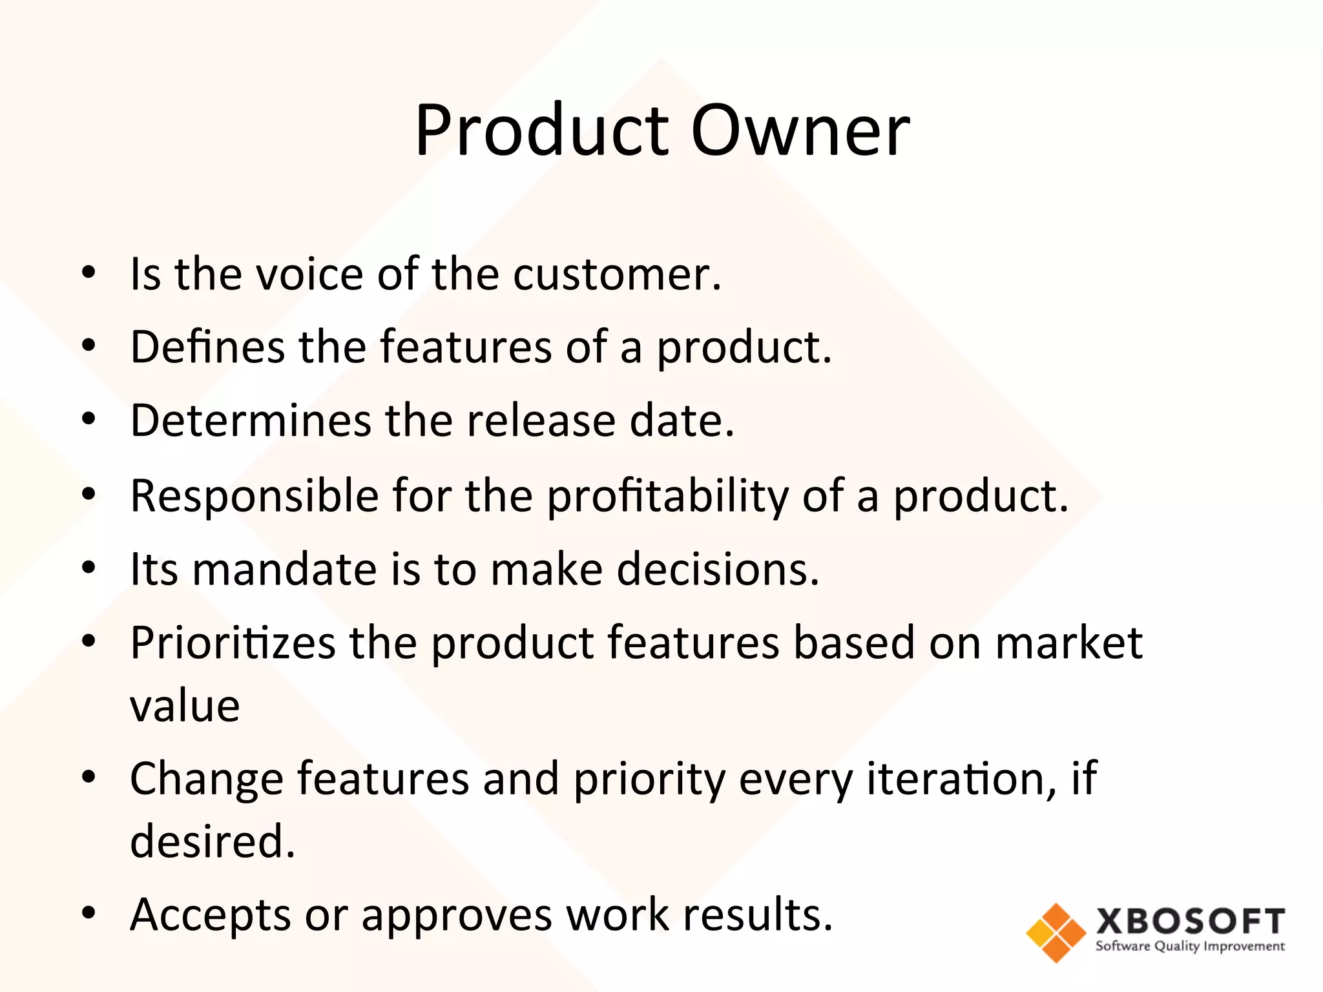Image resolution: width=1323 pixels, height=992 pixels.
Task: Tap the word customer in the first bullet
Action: pyautogui.click(x=616, y=275)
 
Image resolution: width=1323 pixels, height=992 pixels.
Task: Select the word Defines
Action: pyautogui.click(x=207, y=347)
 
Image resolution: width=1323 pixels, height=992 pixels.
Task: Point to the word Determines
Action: pyautogui.click(x=251, y=421)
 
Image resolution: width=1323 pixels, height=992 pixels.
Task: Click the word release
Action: pyautogui.click(x=541, y=421)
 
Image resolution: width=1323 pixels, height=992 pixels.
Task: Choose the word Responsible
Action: pyautogui.click(x=255, y=496)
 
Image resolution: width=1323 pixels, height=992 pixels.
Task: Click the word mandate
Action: pyautogui.click(x=284, y=570)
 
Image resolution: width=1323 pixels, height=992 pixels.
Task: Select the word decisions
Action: pyautogui.click(x=718, y=570)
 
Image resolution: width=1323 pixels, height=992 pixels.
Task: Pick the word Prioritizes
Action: pyautogui.click(x=233, y=643)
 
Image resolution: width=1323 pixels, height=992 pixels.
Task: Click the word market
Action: pyautogui.click(x=1069, y=643)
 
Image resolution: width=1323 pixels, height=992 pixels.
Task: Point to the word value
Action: pyautogui.click(x=185, y=706)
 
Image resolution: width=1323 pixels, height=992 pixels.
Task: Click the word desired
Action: pyautogui.click(x=212, y=842)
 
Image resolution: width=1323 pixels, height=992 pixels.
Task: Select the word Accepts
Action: pyautogui.click(x=211, y=916)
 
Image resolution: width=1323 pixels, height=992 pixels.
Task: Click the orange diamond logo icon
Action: pyautogui.click(x=1056, y=933)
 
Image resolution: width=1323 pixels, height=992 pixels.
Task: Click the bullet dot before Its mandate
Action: pyautogui.click(x=89, y=568)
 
